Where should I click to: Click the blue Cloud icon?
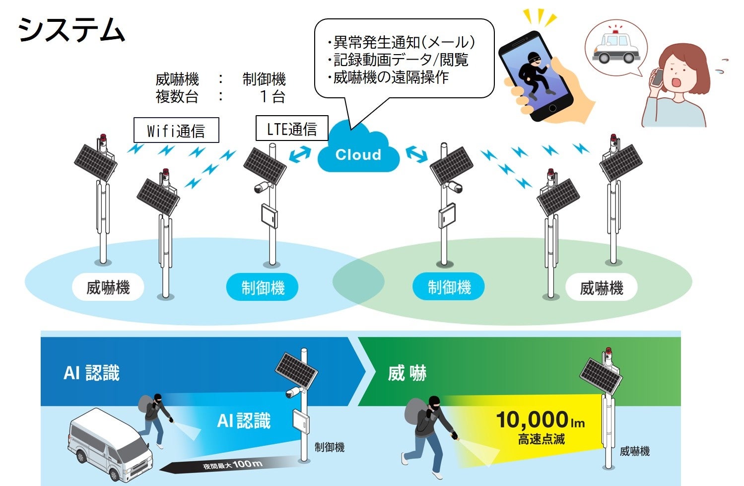(x=358, y=152)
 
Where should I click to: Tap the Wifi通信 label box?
(x=176, y=130)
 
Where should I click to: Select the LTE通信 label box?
(x=292, y=129)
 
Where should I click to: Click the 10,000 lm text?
(x=540, y=420)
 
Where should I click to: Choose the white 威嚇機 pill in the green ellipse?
(x=602, y=288)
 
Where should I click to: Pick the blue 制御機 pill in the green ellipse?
(x=449, y=287)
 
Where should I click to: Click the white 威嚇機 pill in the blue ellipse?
(x=108, y=287)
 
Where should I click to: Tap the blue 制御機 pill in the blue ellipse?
(x=263, y=287)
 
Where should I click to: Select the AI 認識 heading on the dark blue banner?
(x=92, y=373)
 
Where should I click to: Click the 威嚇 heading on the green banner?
(x=407, y=373)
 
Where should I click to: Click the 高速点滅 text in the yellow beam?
(x=541, y=439)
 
